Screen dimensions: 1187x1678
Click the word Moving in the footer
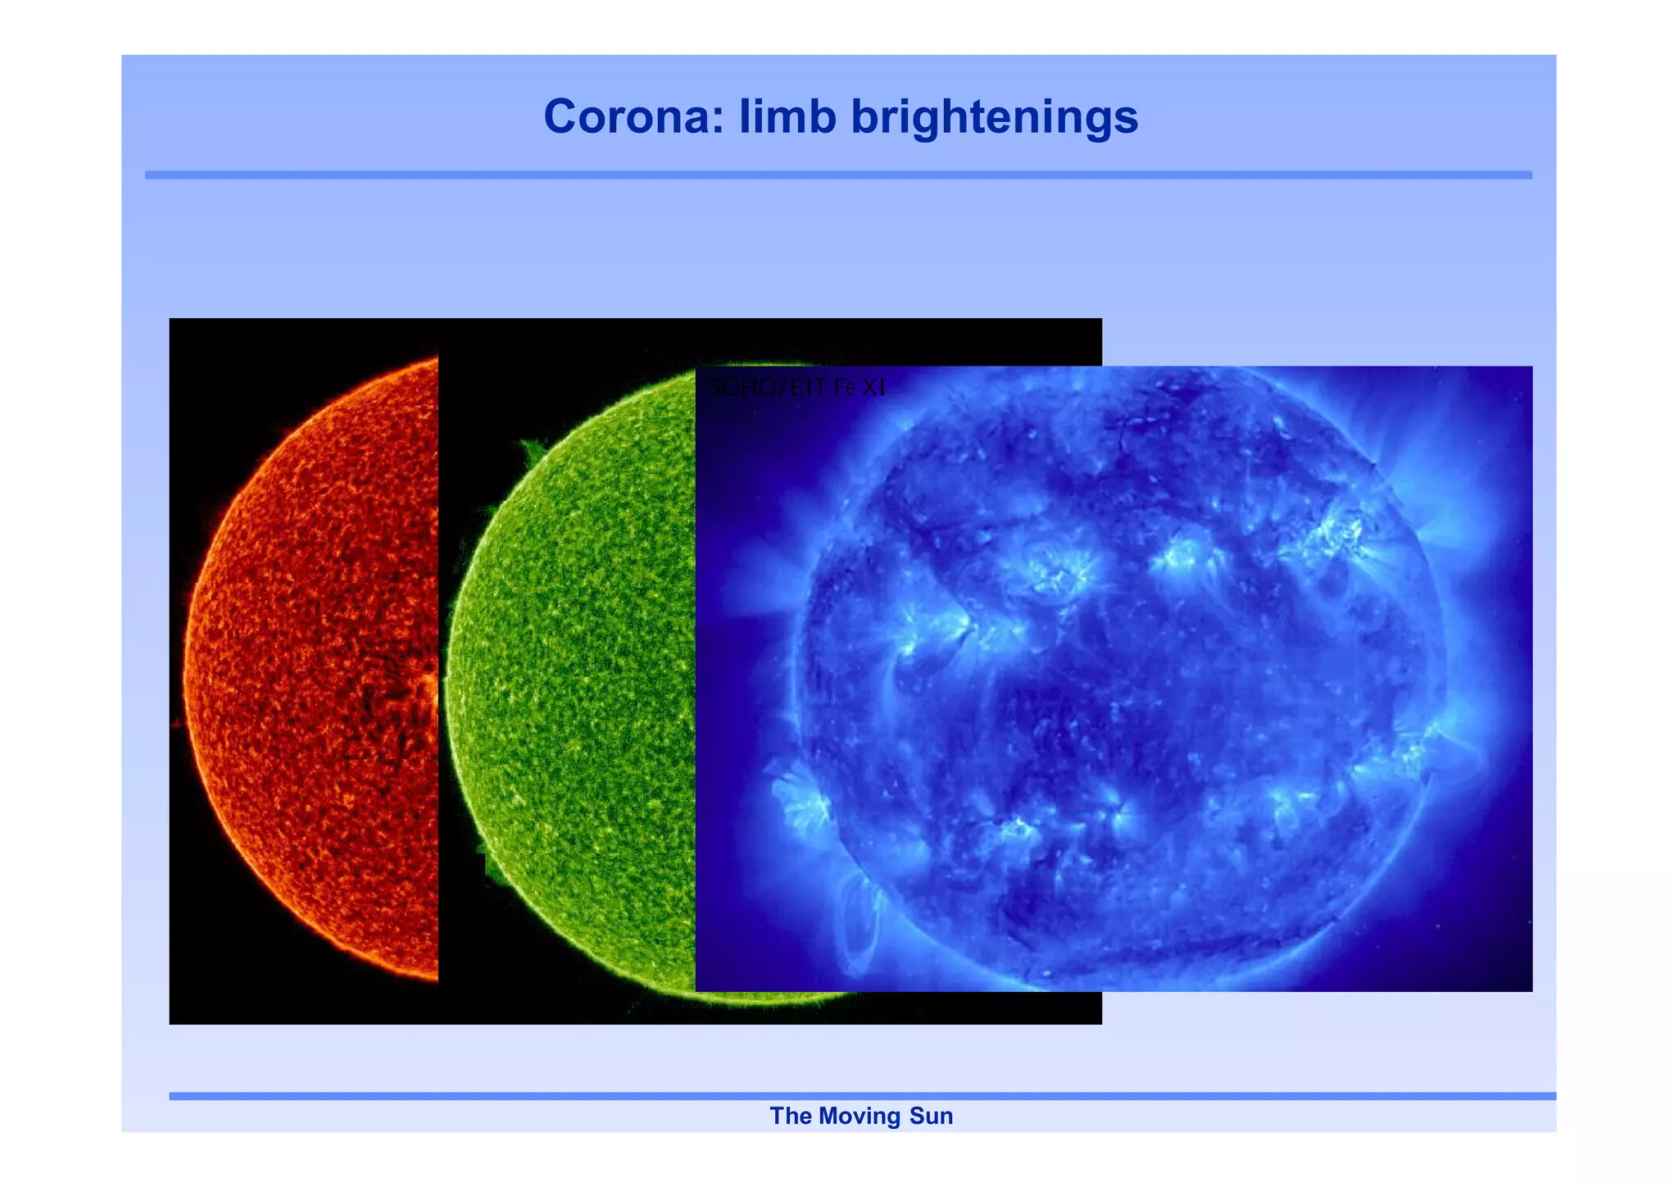(x=859, y=1116)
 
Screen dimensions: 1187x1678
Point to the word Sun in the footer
(x=931, y=1116)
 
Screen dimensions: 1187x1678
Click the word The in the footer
(x=790, y=1116)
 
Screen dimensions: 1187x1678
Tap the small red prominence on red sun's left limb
(x=177, y=723)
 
